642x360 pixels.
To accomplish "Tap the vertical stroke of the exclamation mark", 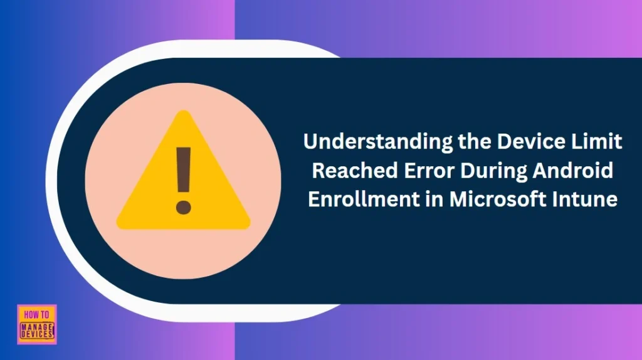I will pyautogui.click(x=183, y=169).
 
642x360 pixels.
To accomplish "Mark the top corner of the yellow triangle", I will pyautogui.click(x=183, y=113).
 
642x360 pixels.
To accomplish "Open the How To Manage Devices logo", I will pyautogui.click(x=37, y=324).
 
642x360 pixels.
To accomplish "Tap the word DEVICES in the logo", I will pyautogui.click(x=37, y=335).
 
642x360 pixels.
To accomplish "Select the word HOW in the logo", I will pyautogui.click(x=31, y=314).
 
